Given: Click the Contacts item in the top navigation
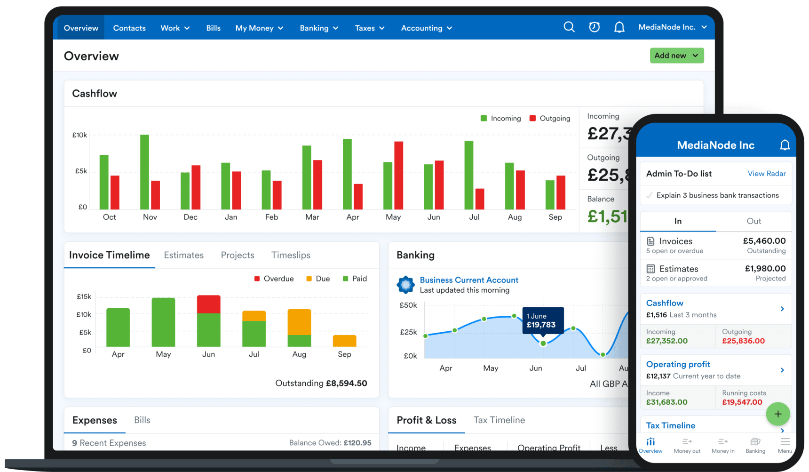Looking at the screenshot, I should coord(129,28).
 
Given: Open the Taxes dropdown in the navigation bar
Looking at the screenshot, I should coord(370,28).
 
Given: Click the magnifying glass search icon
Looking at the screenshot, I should coord(569,27).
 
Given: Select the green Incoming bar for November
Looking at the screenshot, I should coord(144,172).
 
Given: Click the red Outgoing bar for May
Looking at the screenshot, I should coord(398,175).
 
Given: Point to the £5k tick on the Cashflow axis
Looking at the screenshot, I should coord(81,171).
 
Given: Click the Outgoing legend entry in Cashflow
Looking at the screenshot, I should coord(550,119).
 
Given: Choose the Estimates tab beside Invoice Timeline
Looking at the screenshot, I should coord(184,255).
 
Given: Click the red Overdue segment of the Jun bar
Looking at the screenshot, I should coord(208,304).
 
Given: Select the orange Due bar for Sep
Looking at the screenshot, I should coord(344,341).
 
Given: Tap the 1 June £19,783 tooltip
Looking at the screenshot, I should coord(543,320).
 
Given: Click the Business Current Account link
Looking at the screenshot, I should coord(469,280).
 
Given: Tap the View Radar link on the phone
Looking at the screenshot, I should coord(767,174).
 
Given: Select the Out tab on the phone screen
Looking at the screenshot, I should coord(753,221).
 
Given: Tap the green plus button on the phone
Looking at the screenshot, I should coord(777,414).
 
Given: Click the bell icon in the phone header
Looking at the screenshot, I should coord(785,145).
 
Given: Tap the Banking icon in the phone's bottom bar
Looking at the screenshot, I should coord(755,445).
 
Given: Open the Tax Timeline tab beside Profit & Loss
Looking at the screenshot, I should coord(499,420).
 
